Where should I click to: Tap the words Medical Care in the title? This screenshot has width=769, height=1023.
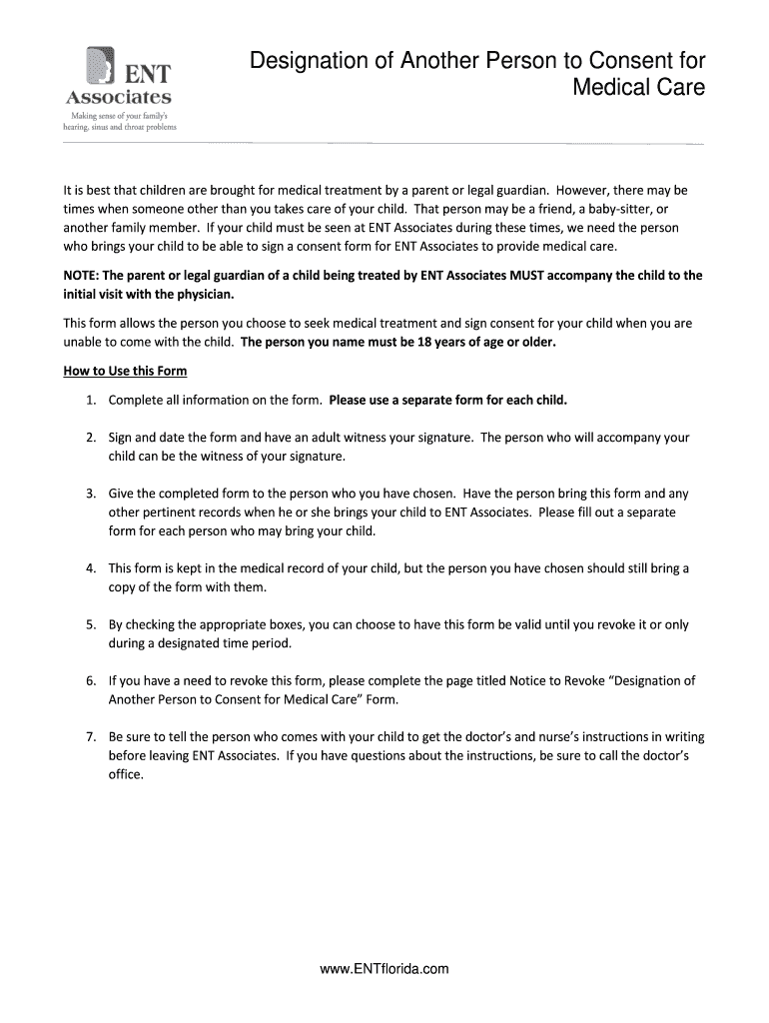pos(638,88)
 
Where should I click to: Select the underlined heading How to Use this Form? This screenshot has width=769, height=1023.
pos(125,371)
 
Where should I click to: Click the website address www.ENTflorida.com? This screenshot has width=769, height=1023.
pos(384,968)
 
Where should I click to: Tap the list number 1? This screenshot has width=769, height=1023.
pos(90,400)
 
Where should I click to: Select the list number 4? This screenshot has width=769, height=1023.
pos(90,568)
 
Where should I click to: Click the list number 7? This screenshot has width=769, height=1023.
pos(90,737)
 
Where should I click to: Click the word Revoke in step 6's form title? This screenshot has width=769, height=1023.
pos(574,681)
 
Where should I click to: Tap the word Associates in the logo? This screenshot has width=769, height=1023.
pos(119,98)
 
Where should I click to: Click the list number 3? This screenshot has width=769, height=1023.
pos(90,494)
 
